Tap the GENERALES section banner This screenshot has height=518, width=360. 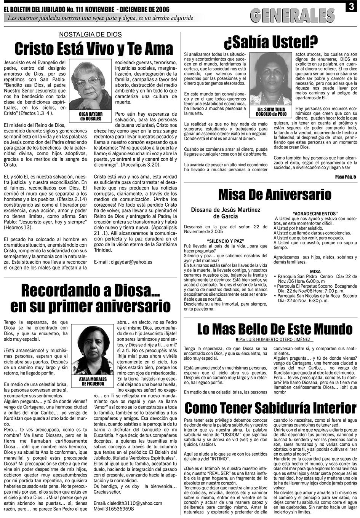coord(292,15)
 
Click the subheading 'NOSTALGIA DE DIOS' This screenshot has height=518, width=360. coord(90,35)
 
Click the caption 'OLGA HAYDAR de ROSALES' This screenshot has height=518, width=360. coord(90,116)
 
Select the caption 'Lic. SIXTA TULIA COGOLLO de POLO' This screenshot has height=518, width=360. coord(271,112)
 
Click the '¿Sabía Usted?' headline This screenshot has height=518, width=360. coord(271,41)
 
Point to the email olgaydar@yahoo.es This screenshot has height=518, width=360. coord(123,262)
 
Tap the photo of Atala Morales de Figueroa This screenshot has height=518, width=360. coord(93,350)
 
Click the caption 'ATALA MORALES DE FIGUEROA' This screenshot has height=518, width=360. coord(93,382)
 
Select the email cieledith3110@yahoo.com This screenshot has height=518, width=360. coord(128,503)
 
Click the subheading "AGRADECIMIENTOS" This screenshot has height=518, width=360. coord(315,214)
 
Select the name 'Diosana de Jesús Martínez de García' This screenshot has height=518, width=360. coord(226,213)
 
